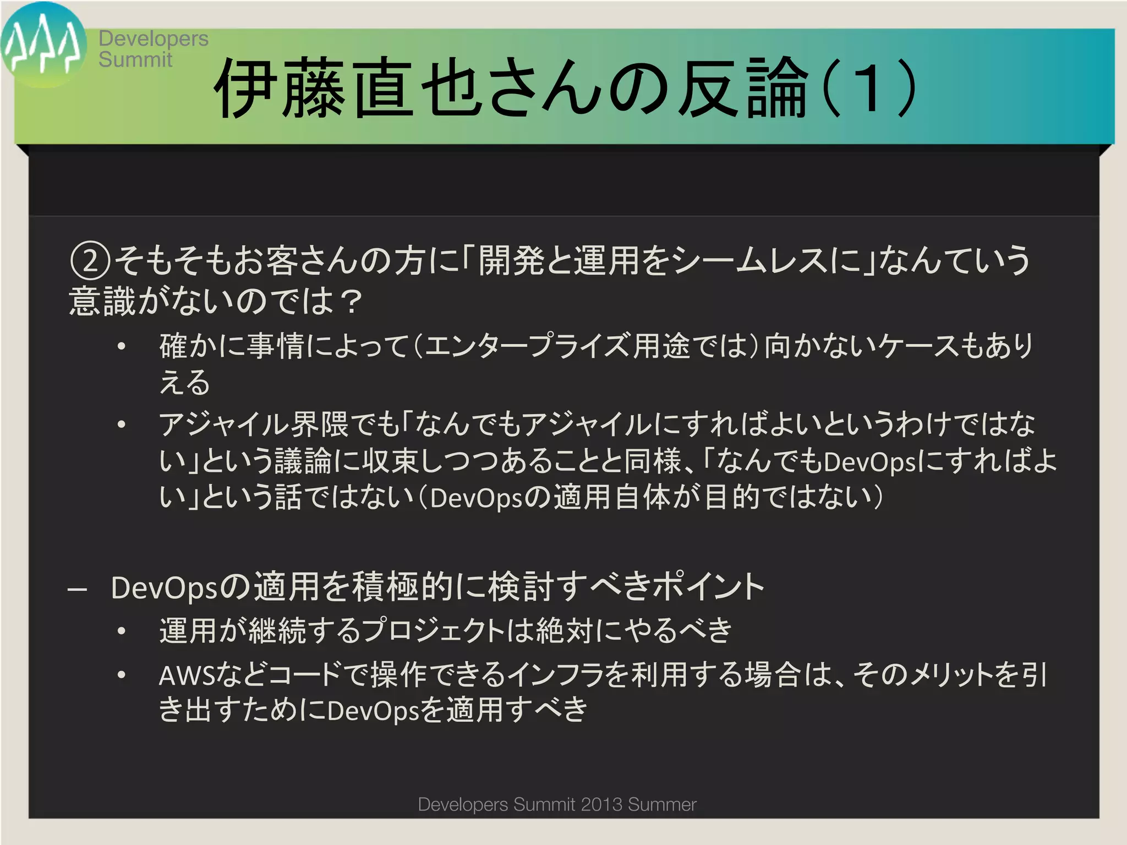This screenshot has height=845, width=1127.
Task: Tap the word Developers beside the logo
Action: coord(154,39)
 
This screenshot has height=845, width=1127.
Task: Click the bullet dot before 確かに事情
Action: coord(122,347)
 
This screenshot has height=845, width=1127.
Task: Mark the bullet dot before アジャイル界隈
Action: coord(122,425)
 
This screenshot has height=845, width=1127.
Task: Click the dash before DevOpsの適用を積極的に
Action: coord(78,589)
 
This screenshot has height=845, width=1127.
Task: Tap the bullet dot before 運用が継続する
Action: coord(122,631)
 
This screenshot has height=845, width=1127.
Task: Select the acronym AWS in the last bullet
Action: coord(187,676)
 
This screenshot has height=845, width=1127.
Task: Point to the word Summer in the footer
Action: coord(662,805)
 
